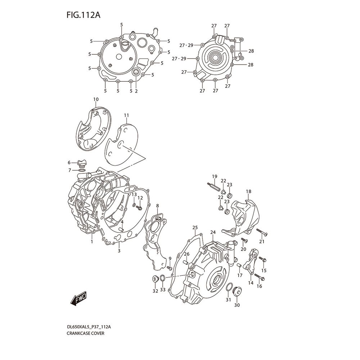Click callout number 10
(x=95, y=99)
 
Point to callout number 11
(x=126, y=115)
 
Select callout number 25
(x=195, y=228)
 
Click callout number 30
(x=237, y=305)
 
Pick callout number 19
(x=214, y=176)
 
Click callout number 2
(x=136, y=91)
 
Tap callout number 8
(x=157, y=206)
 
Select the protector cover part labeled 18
(x=245, y=216)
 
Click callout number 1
(x=92, y=242)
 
